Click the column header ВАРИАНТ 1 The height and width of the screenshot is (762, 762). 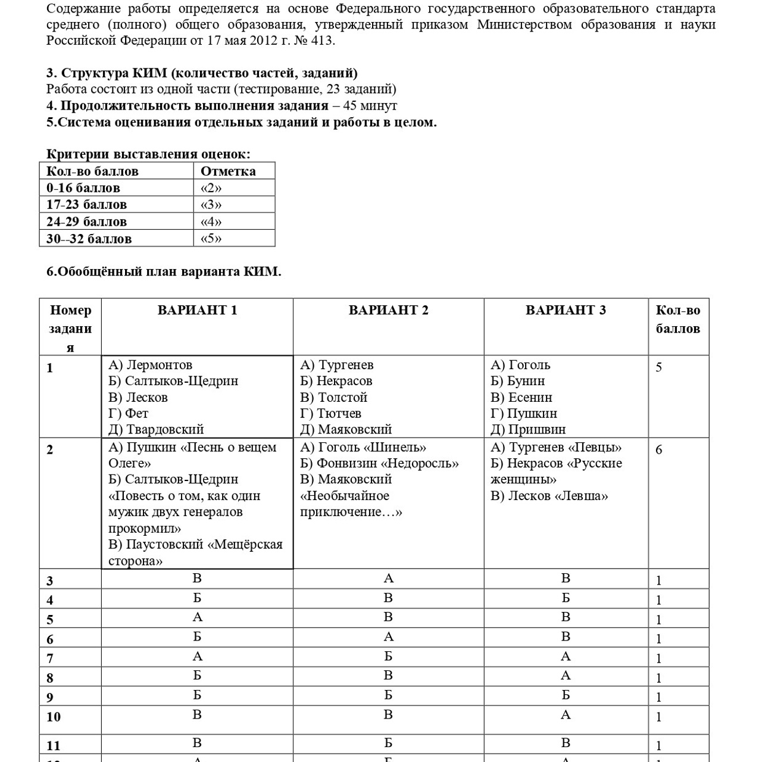(x=197, y=310)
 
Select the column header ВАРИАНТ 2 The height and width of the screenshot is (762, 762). (x=388, y=310)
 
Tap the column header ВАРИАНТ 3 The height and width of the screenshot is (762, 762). (x=566, y=310)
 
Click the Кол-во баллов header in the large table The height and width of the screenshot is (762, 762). (x=678, y=319)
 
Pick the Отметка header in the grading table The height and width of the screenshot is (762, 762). (x=228, y=171)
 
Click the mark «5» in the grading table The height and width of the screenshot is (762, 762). (x=211, y=239)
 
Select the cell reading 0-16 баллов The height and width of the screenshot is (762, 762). (x=83, y=188)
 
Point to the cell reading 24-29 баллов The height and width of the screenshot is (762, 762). (x=86, y=222)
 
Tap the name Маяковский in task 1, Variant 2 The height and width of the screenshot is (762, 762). (x=355, y=429)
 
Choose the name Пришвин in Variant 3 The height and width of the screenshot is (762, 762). (x=537, y=429)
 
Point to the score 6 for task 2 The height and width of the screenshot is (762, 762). (x=658, y=450)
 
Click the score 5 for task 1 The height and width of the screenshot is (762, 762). (x=658, y=367)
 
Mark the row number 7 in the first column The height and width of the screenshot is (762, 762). (x=50, y=658)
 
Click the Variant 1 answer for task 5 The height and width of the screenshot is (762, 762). (x=197, y=617)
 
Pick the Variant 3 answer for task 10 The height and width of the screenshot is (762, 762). (x=566, y=715)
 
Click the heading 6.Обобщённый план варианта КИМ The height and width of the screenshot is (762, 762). (x=164, y=271)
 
